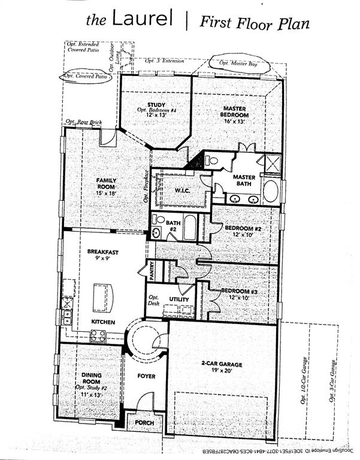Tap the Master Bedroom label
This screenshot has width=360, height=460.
[x=234, y=111]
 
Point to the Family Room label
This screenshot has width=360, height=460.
[x=106, y=183]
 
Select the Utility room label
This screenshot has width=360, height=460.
[x=179, y=299]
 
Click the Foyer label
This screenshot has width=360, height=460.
[x=146, y=377]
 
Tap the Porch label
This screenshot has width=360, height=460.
[x=144, y=422]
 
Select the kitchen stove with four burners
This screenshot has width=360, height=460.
[x=98, y=336]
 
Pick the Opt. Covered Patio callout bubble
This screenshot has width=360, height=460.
[x=87, y=77]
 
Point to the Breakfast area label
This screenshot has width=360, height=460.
[x=102, y=252]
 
